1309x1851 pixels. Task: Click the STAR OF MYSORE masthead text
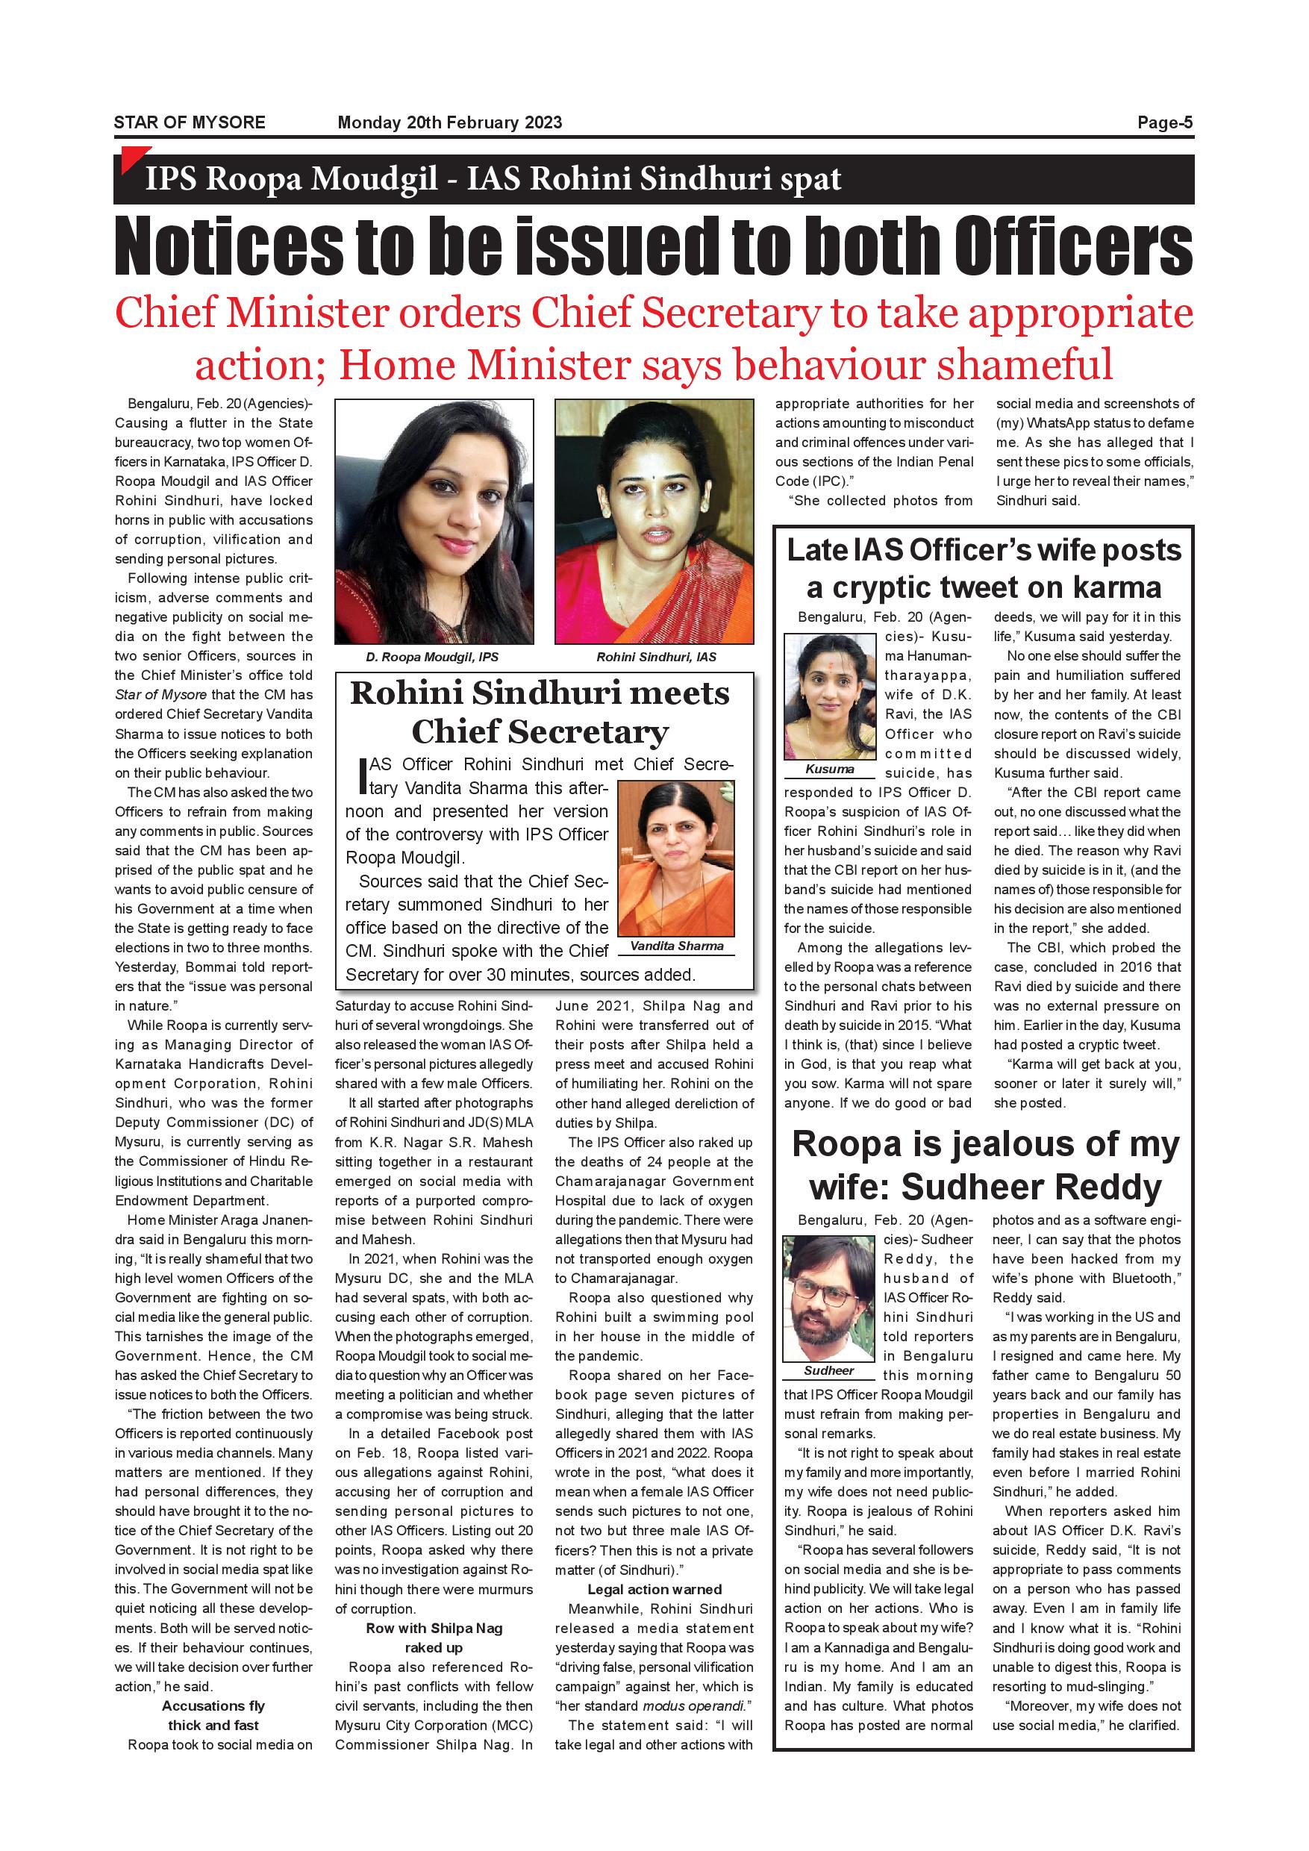click(x=190, y=122)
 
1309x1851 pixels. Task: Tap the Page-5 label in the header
click(x=1165, y=122)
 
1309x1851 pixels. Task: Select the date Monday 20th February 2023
click(x=450, y=122)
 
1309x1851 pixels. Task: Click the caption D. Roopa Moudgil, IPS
click(x=432, y=657)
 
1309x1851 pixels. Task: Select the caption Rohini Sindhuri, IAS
click(x=656, y=657)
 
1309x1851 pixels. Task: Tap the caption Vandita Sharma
click(x=676, y=946)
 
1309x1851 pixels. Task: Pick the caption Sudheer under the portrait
click(x=828, y=1370)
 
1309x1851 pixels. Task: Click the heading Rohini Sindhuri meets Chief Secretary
click(x=540, y=713)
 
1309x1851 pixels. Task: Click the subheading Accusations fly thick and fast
click(x=213, y=1716)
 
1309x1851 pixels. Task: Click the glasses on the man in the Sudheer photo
click(x=827, y=1298)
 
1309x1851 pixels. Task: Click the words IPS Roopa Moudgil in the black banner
click(x=291, y=179)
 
